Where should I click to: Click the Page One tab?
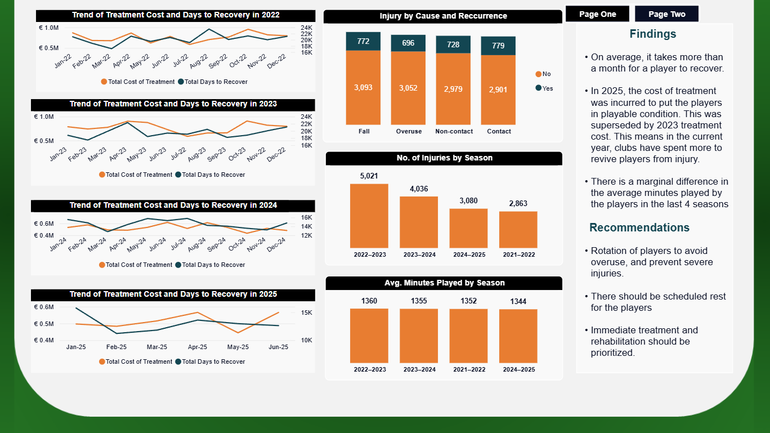point(597,14)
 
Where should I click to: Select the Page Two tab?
point(666,14)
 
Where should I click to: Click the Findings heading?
point(653,34)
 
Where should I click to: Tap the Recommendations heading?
point(639,227)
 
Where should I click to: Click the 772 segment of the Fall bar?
point(363,41)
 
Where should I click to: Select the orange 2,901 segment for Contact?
point(498,90)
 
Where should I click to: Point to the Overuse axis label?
point(409,131)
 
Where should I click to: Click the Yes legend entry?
point(544,88)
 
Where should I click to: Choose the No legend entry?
point(543,74)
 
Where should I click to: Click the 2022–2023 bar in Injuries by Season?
point(369,216)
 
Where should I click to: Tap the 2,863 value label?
point(518,204)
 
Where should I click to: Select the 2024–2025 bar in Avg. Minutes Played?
point(518,336)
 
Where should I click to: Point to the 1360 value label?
point(369,301)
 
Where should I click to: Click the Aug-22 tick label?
point(199,61)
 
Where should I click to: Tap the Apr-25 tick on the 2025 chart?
point(198,347)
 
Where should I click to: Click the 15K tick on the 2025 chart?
point(307,313)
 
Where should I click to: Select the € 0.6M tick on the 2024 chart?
point(44,224)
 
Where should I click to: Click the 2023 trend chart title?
point(173,104)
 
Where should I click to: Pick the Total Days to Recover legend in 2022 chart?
point(213,82)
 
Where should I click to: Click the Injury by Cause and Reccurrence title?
point(443,16)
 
